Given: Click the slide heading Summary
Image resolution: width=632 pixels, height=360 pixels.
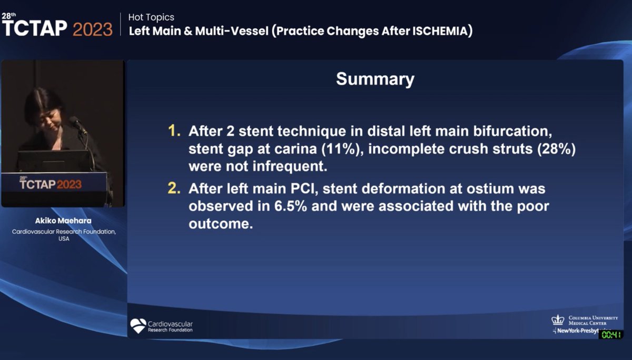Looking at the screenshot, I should pos(375,79).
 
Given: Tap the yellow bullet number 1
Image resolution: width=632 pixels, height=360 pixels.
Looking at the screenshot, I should pos(174,130).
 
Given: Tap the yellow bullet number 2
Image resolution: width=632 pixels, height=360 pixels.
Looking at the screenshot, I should pos(174,187).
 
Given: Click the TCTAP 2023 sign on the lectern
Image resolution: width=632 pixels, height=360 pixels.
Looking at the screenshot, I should pos(51,184).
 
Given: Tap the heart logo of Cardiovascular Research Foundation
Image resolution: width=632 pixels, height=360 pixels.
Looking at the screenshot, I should pos(138,326).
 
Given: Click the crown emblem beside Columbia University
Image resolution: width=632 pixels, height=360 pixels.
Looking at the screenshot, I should pos(558,319).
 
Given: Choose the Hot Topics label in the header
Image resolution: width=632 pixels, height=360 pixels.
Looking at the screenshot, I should pos(151,17).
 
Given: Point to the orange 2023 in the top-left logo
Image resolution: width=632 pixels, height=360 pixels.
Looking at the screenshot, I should pos(92,28).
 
